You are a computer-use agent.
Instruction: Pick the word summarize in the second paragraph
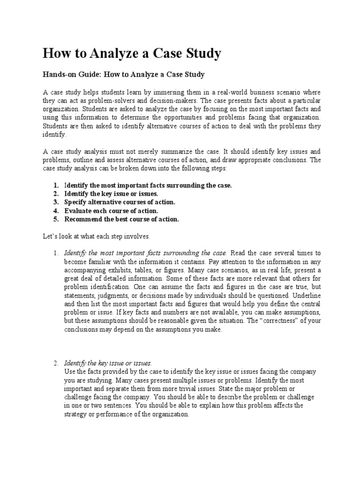174,152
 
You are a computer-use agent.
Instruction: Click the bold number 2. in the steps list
56,194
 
